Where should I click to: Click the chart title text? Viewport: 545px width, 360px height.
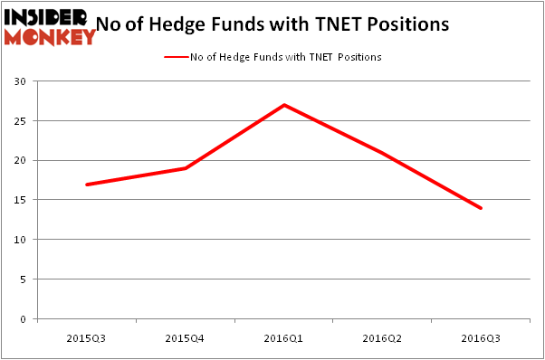click(282, 25)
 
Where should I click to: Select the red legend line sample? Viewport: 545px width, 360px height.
click(175, 57)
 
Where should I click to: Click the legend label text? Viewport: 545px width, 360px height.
click(285, 57)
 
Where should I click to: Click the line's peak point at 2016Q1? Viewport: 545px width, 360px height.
click(284, 105)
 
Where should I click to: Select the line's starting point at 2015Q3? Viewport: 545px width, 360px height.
click(87, 185)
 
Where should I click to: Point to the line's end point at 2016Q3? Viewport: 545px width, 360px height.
click(481, 208)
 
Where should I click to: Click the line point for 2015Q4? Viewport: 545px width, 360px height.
click(186, 168)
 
